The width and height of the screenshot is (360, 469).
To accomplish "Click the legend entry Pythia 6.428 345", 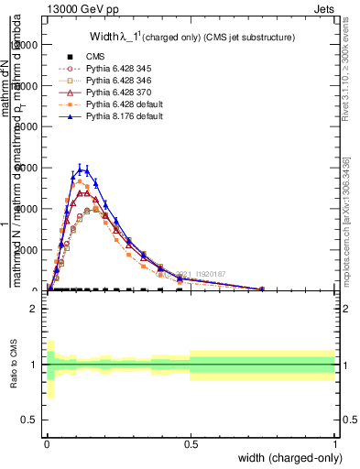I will (x=110, y=68).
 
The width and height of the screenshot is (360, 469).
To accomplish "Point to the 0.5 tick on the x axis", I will (x=191, y=444).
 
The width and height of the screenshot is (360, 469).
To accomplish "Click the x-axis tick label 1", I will (x=334, y=444).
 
